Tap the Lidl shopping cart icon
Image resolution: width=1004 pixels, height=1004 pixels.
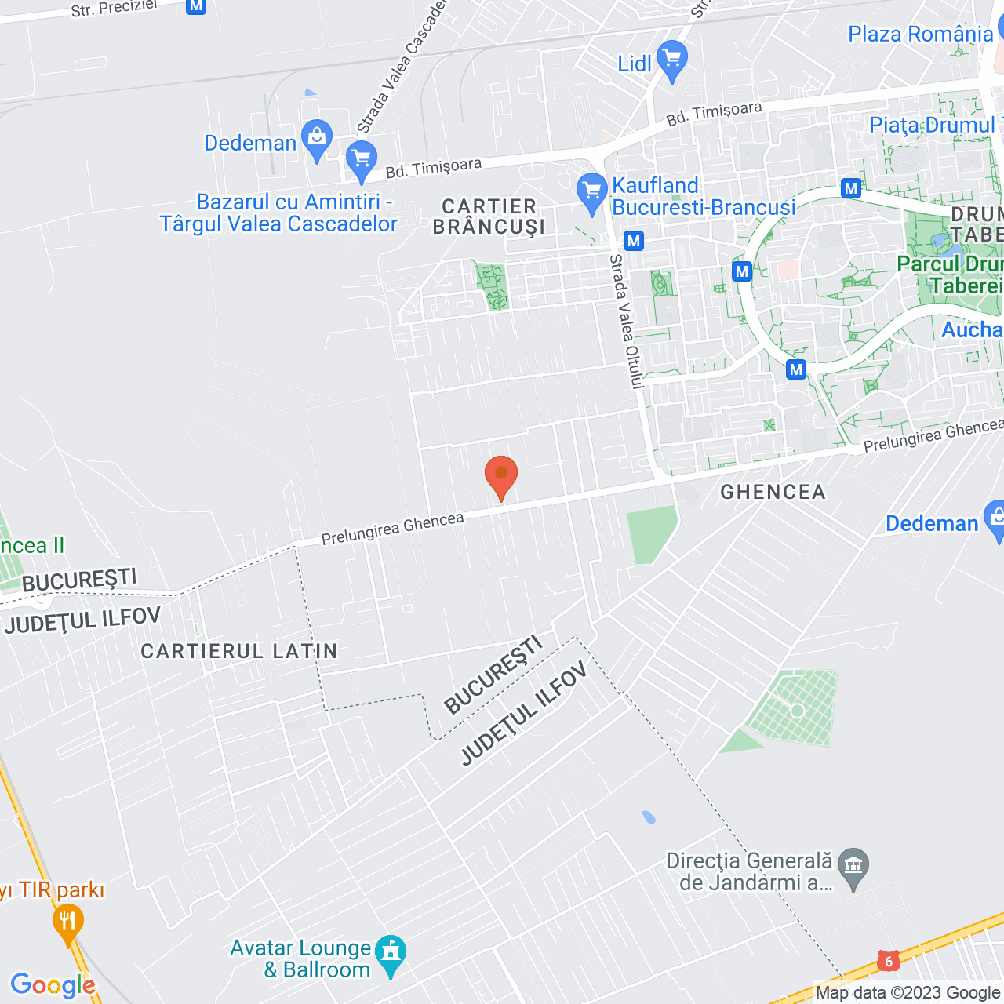click(x=671, y=60)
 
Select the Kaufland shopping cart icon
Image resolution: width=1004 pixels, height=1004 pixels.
click(x=591, y=191)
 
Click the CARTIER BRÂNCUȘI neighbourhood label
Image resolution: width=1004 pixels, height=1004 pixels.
click(x=489, y=216)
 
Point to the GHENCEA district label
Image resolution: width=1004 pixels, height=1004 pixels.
click(x=773, y=492)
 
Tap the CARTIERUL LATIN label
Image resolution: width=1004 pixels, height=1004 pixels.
click(x=239, y=651)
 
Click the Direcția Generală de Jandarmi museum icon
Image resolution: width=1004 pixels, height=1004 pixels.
click(x=853, y=868)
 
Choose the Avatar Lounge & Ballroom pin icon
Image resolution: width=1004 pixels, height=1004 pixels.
click(x=391, y=954)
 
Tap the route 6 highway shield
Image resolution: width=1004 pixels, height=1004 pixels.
click(x=888, y=960)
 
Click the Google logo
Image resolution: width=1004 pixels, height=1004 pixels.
click(x=53, y=985)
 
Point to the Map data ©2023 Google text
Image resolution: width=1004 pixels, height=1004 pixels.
click(x=907, y=993)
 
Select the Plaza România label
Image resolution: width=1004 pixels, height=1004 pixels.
click(x=920, y=35)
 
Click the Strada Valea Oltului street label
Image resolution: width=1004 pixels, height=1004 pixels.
click(x=627, y=321)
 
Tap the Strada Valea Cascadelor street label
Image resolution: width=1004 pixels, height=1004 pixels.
click(x=402, y=66)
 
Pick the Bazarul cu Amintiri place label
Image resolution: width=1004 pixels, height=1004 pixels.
click(x=279, y=213)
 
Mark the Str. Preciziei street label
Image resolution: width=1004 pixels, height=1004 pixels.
click(x=114, y=8)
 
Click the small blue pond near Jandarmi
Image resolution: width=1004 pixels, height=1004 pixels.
click(x=648, y=817)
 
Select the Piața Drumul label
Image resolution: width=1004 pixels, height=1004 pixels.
click(x=931, y=125)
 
